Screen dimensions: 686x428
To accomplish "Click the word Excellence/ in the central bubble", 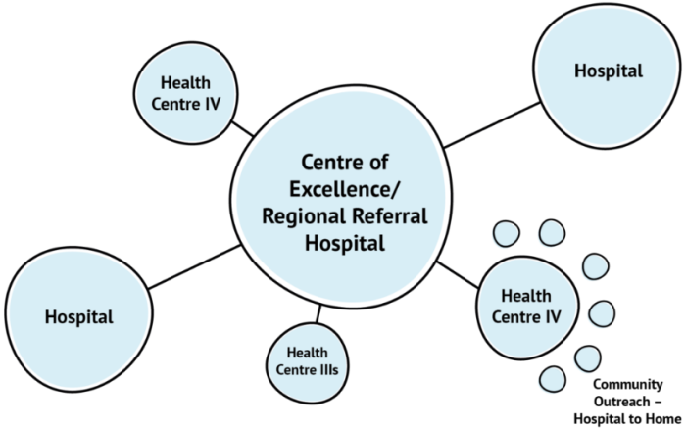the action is click(x=344, y=190).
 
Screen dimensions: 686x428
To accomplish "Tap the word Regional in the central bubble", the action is click(x=300, y=216).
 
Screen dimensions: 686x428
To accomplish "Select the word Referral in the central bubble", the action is click(x=386, y=215).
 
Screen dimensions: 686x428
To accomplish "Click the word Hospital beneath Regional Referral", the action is click(x=345, y=243).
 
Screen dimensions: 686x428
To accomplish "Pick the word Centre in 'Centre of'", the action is click(x=331, y=163).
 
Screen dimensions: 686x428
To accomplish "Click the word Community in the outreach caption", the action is click(x=628, y=385).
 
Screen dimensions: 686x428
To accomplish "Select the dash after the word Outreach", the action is click(x=658, y=402).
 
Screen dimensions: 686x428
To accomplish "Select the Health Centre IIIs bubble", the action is click(x=308, y=362).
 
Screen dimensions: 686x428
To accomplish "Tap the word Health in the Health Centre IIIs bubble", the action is click(x=307, y=353).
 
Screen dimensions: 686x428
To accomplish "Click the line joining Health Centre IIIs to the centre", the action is click(x=318, y=313).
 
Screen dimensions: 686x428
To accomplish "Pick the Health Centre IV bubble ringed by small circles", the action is click(x=527, y=308).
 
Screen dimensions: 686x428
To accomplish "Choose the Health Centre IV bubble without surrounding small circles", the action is click(x=185, y=93).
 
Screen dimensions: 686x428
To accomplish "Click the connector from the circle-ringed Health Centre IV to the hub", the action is click(x=458, y=274).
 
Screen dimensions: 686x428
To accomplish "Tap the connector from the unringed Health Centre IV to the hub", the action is click(x=242, y=129).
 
